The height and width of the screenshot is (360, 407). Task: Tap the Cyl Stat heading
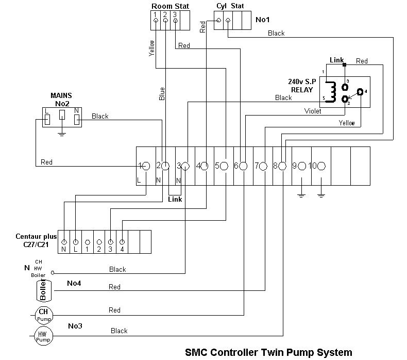(x=230, y=6)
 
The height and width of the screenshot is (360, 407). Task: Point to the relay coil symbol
(x=332, y=91)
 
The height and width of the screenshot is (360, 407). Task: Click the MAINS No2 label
(x=61, y=99)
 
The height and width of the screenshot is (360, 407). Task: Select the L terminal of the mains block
(x=46, y=119)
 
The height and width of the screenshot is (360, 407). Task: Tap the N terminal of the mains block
(x=77, y=119)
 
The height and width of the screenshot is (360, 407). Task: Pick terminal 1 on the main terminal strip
(x=145, y=166)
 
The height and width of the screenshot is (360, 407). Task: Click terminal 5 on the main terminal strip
(x=224, y=166)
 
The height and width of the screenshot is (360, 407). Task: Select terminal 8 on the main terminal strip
(x=282, y=166)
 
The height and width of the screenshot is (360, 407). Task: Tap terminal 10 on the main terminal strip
(x=321, y=166)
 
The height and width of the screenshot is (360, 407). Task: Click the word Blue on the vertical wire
(x=162, y=93)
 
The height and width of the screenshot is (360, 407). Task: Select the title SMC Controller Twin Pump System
(x=268, y=352)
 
